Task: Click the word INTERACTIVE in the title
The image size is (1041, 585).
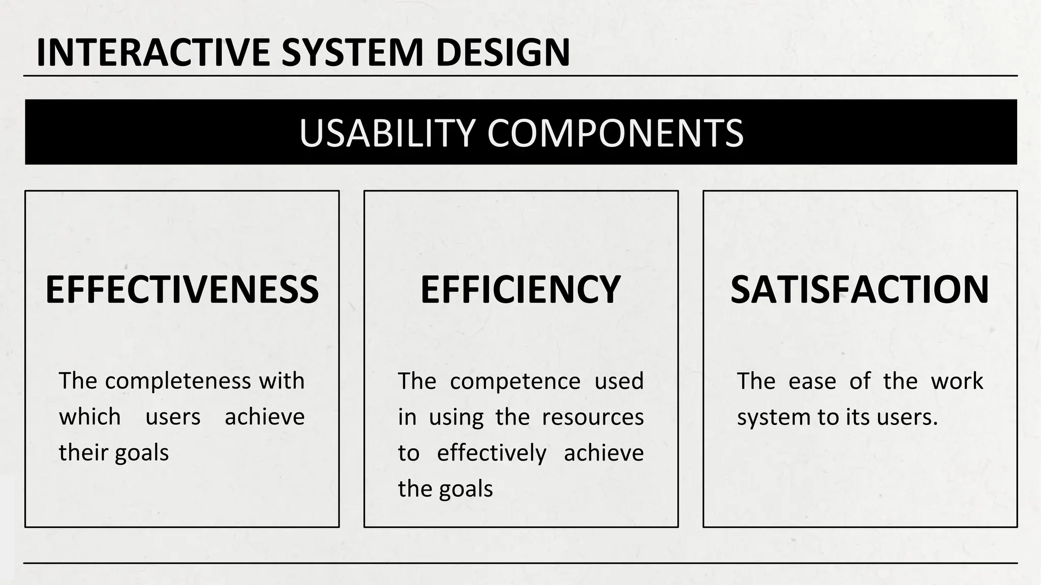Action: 153,52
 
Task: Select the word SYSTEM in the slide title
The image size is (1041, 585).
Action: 352,52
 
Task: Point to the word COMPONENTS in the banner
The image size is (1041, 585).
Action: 615,133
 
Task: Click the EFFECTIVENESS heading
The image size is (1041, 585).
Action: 182,289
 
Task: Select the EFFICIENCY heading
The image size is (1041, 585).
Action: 520,289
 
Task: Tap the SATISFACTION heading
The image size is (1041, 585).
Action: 860,289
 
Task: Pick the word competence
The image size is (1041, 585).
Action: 515,381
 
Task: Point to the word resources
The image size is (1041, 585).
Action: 593,417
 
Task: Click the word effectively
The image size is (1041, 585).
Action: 492,453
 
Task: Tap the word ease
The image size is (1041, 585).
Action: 812,381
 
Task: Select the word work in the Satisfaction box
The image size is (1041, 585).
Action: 957,381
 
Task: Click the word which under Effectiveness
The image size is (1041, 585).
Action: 90,417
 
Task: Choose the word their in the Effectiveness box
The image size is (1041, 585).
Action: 84,453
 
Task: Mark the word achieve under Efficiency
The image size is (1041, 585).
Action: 604,453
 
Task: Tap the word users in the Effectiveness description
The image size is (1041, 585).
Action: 173,417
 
